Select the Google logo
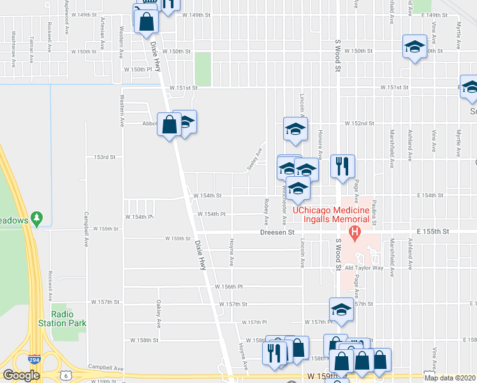[20, 375]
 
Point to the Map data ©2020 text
[450, 378]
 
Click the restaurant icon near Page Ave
[342, 167]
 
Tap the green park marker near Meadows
[38, 219]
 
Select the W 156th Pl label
[231, 287]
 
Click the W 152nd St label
[358, 123]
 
